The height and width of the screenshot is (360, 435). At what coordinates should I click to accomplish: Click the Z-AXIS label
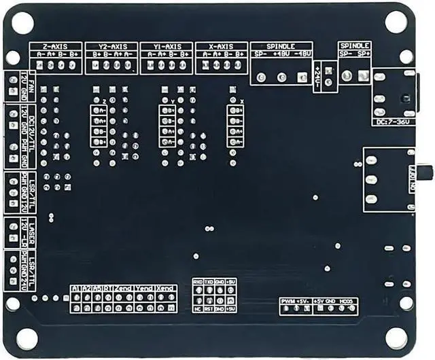point(54,46)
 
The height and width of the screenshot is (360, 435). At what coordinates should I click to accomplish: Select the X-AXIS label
point(220,46)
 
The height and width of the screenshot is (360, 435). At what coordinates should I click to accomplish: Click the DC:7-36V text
point(392,122)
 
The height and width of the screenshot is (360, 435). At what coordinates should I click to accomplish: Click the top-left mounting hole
point(22,22)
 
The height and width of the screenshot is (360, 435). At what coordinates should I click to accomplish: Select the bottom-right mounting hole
point(396,338)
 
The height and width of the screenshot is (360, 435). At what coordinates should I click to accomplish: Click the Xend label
point(166,289)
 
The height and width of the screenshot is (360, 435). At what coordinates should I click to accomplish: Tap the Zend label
point(124,289)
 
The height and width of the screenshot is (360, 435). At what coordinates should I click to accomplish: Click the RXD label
point(197,281)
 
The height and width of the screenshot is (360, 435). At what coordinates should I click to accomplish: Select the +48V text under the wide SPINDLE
point(281,54)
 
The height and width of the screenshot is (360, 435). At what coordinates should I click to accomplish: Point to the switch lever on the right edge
point(428,173)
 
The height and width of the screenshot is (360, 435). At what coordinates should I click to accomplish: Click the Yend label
point(145,289)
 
